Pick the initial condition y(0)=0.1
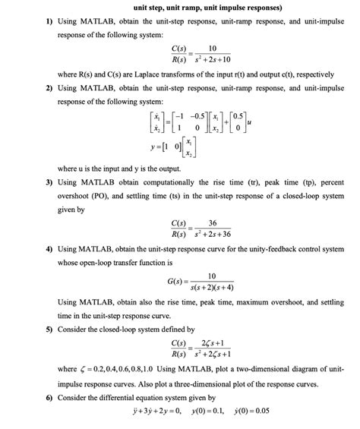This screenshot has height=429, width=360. (245, 412)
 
